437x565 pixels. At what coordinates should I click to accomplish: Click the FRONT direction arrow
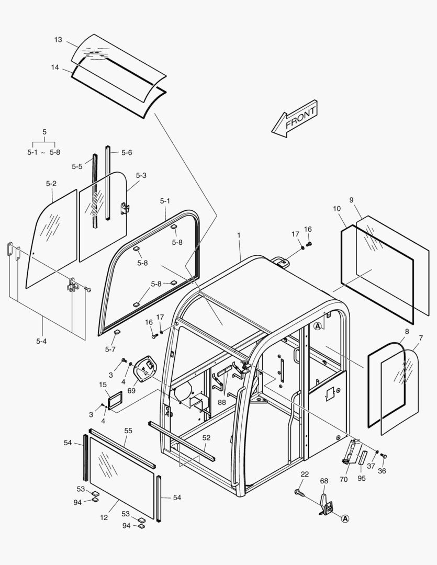[295, 119]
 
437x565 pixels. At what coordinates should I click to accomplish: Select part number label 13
[58, 40]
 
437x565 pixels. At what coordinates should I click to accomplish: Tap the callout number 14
[55, 67]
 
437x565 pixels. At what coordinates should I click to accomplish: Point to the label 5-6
[127, 153]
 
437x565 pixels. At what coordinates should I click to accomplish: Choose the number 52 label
[206, 437]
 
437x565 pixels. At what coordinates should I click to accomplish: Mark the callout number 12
[104, 517]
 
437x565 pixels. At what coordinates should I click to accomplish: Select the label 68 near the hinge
[324, 481]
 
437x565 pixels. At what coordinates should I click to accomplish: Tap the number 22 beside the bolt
[305, 474]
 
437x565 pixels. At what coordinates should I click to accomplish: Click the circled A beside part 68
[345, 518]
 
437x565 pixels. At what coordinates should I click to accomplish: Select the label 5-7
[110, 349]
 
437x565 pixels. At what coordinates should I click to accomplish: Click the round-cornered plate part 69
[146, 368]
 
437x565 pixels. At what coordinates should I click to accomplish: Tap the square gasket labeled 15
[115, 400]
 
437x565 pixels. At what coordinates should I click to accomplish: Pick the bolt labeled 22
[300, 492]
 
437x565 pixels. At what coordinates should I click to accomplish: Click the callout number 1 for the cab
[239, 236]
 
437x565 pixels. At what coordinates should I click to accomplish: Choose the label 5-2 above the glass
[51, 183]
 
